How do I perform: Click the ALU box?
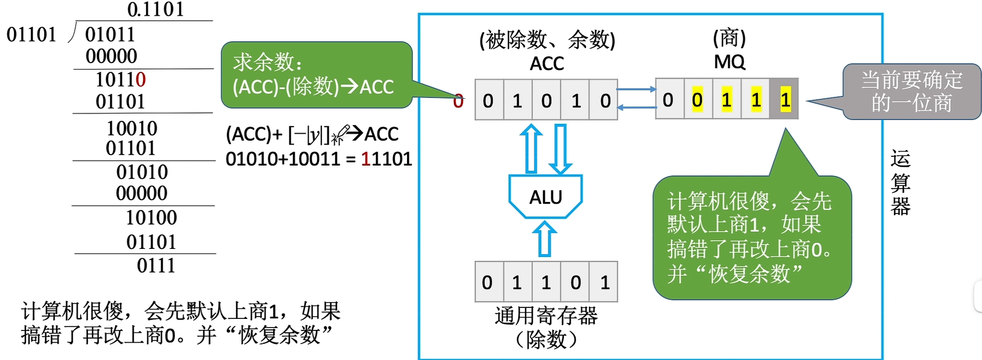click(x=545, y=197)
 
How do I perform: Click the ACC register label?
click(x=547, y=64)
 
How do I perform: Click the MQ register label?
click(x=730, y=61)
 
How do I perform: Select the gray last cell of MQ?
click(x=785, y=100)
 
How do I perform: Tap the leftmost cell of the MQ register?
click(x=669, y=100)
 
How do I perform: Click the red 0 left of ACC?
click(x=458, y=101)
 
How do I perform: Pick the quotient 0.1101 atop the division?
click(x=155, y=9)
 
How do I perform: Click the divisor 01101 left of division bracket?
click(x=31, y=35)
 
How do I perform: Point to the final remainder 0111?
click(x=156, y=266)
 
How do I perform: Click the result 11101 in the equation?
click(x=386, y=159)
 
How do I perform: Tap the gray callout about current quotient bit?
click(x=911, y=91)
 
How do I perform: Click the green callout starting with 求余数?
click(x=316, y=75)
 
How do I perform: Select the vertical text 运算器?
click(x=900, y=182)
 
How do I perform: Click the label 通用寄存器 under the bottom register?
click(x=546, y=316)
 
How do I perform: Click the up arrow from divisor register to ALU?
click(x=544, y=240)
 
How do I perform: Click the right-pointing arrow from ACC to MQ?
click(x=636, y=89)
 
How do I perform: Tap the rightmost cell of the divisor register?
click(x=604, y=282)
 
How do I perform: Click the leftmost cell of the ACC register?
click(x=489, y=100)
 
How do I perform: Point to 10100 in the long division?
click(x=151, y=218)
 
